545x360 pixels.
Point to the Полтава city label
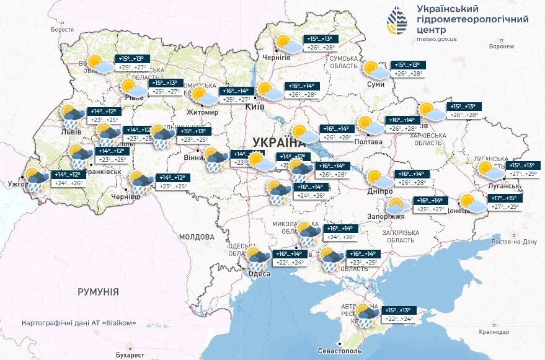click(x=369, y=142)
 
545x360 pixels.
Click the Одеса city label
click(x=259, y=274)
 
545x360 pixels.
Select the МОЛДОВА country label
click(x=197, y=237)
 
